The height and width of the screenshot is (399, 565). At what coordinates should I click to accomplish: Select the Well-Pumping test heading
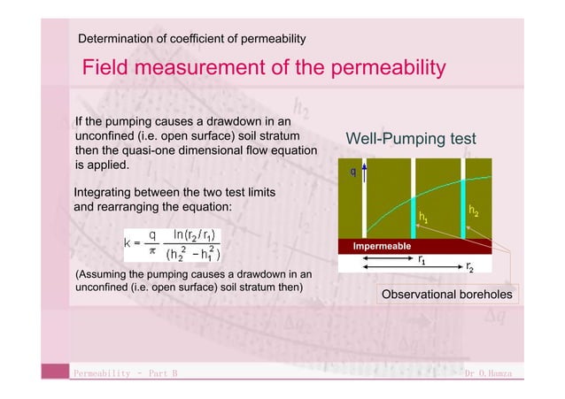410,139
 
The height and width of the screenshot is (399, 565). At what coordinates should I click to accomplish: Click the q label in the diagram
353,171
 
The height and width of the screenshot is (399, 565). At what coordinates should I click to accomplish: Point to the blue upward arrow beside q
362,175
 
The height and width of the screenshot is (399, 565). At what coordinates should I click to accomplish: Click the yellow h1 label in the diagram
423,217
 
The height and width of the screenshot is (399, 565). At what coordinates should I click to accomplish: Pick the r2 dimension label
469,265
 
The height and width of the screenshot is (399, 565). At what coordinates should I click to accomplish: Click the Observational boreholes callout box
447,294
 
